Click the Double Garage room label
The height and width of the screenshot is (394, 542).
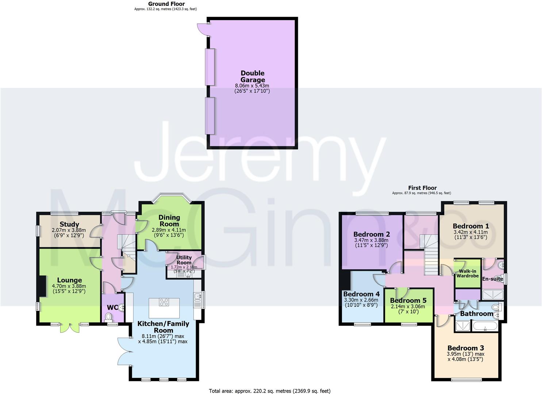(253, 76)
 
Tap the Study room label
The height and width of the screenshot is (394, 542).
(69, 224)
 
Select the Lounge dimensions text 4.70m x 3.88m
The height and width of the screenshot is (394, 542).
(69, 286)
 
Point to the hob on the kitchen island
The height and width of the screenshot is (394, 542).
(164, 302)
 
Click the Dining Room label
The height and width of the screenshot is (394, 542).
(169, 221)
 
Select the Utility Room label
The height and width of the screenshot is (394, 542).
(184, 260)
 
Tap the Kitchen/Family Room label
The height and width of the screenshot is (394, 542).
(163, 327)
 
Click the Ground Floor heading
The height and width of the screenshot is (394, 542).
(166, 4)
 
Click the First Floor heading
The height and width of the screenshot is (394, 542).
(422, 188)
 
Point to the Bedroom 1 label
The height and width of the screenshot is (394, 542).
(470, 226)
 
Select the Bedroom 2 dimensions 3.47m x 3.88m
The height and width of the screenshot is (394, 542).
(371, 240)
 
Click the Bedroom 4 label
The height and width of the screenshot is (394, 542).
(361, 294)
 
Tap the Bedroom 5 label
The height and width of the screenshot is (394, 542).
(408, 301)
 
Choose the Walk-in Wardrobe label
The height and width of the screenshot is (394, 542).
(468, 273)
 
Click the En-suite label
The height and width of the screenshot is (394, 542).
(492, 279)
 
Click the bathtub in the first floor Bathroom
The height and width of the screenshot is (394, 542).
(485, 326)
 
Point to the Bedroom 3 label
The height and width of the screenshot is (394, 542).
(465, 348)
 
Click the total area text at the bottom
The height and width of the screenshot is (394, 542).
(270, 391)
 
